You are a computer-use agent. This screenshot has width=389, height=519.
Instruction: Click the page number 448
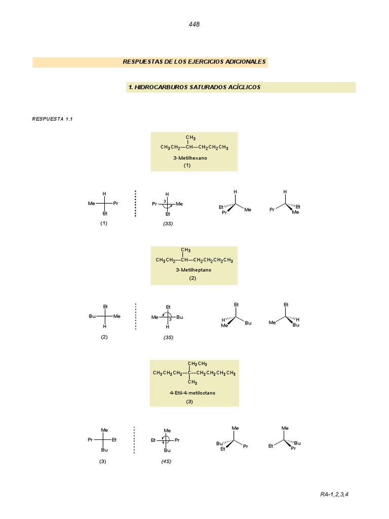click(x=194, y=24)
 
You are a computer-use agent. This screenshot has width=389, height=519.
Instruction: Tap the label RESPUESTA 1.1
click(x=53, y=119)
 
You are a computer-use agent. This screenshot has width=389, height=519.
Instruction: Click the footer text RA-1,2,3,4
click(x=334, y=494)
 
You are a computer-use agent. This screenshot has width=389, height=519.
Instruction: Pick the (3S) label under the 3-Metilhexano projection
click(x=168, y=224)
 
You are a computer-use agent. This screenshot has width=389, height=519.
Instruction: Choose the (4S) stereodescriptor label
click(x=166, y=461)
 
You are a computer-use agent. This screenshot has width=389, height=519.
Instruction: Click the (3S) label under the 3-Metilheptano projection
click(x=168, y=337)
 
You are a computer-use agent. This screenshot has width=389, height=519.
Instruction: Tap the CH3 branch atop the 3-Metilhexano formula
click(x=190, y=138)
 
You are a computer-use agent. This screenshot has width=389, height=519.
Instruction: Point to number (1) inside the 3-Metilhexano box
click(x=187, y=165)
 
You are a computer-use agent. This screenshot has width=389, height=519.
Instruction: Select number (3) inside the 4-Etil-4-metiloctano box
click(x=189, y=402)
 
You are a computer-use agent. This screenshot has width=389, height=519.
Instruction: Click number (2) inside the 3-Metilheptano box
click(x=192, y=278)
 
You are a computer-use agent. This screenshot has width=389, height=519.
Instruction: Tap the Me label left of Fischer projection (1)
click(x=91, y=204)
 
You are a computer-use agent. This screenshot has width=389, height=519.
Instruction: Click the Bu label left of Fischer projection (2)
click(x=92, y=316)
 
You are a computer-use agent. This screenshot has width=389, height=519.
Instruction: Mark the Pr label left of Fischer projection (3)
click(x=90, y=440)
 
